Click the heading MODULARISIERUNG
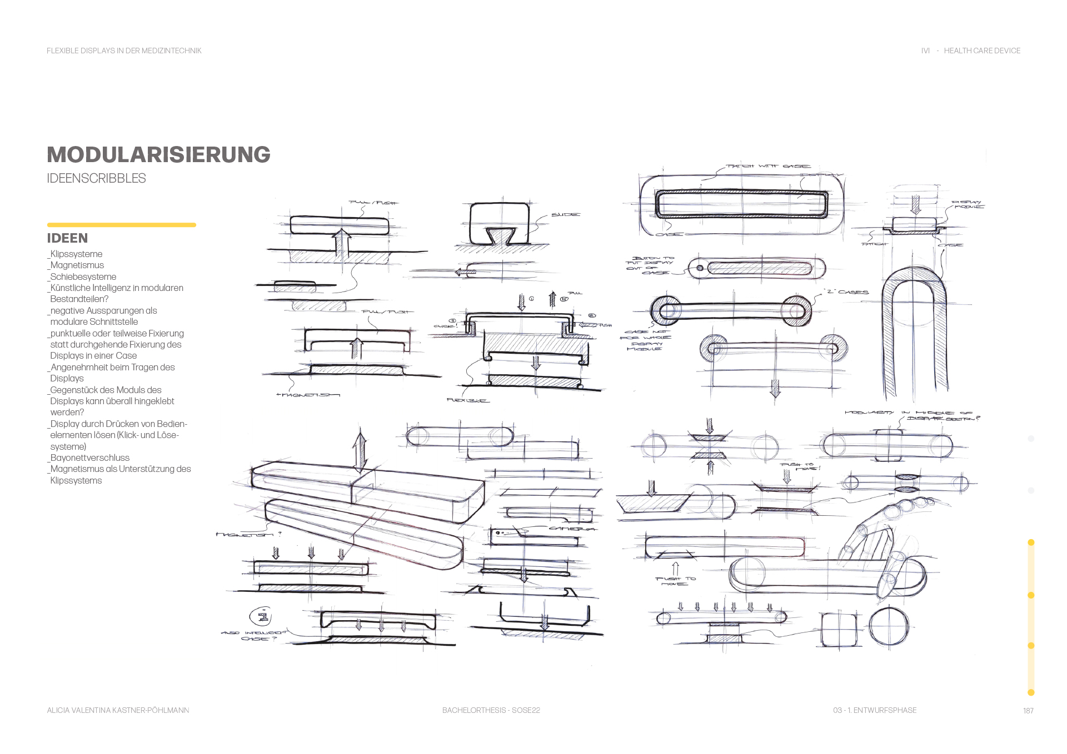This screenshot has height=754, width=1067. point(158,155)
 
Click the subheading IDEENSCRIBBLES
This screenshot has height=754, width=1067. point(96,178)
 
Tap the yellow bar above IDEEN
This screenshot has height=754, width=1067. point(121,225)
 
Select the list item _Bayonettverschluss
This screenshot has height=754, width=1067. point(89,458)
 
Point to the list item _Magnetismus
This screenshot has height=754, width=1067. point(77,265)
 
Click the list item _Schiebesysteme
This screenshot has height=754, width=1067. point(83,277)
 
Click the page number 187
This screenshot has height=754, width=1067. point(1028,711)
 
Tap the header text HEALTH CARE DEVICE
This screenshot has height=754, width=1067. point(981,51)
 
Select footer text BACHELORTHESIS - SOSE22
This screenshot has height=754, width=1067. point(491,710)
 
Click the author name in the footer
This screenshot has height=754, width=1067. point(118,710)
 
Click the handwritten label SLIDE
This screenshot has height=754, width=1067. point(565,215)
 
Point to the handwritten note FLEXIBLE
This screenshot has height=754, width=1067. point(467,400)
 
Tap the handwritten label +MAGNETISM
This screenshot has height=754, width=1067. point(307,395)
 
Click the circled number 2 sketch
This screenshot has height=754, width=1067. point(262,616)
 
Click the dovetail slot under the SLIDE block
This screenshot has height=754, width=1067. point(501,235)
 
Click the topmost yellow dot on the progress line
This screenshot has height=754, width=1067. point(1031,542)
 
